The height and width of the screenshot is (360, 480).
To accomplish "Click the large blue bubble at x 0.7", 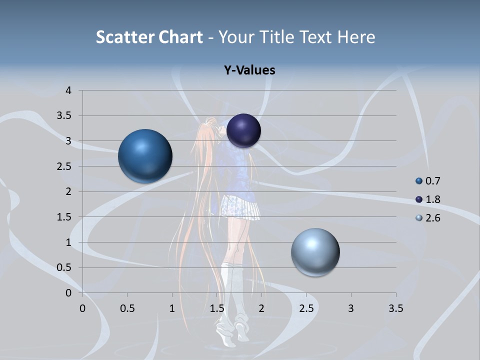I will [145, 156].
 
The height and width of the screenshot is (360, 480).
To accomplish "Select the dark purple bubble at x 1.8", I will [243, 130].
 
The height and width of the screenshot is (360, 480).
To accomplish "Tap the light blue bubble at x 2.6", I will [315, 252].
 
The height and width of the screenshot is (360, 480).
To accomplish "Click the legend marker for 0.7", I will [419, 181].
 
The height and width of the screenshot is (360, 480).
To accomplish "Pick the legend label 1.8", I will [433, 199].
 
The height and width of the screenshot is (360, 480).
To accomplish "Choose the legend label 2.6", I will [433, 218].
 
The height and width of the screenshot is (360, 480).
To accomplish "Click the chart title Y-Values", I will [249, 70].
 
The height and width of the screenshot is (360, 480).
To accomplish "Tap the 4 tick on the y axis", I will [69, 90].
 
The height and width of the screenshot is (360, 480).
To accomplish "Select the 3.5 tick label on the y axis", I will [65, 116].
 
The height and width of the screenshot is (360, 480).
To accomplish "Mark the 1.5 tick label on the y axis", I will [65, 217].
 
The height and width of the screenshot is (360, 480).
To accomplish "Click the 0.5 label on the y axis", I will [65, 268].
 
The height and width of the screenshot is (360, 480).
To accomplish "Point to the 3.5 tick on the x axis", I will [395, 308].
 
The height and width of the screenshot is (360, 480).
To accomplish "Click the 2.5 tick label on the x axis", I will [306, 308].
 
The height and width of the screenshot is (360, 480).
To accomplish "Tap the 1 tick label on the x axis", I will [172, 308].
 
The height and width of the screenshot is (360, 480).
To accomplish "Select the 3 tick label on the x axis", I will [351, 308].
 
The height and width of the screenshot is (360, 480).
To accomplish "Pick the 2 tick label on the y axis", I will [69, 191].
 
